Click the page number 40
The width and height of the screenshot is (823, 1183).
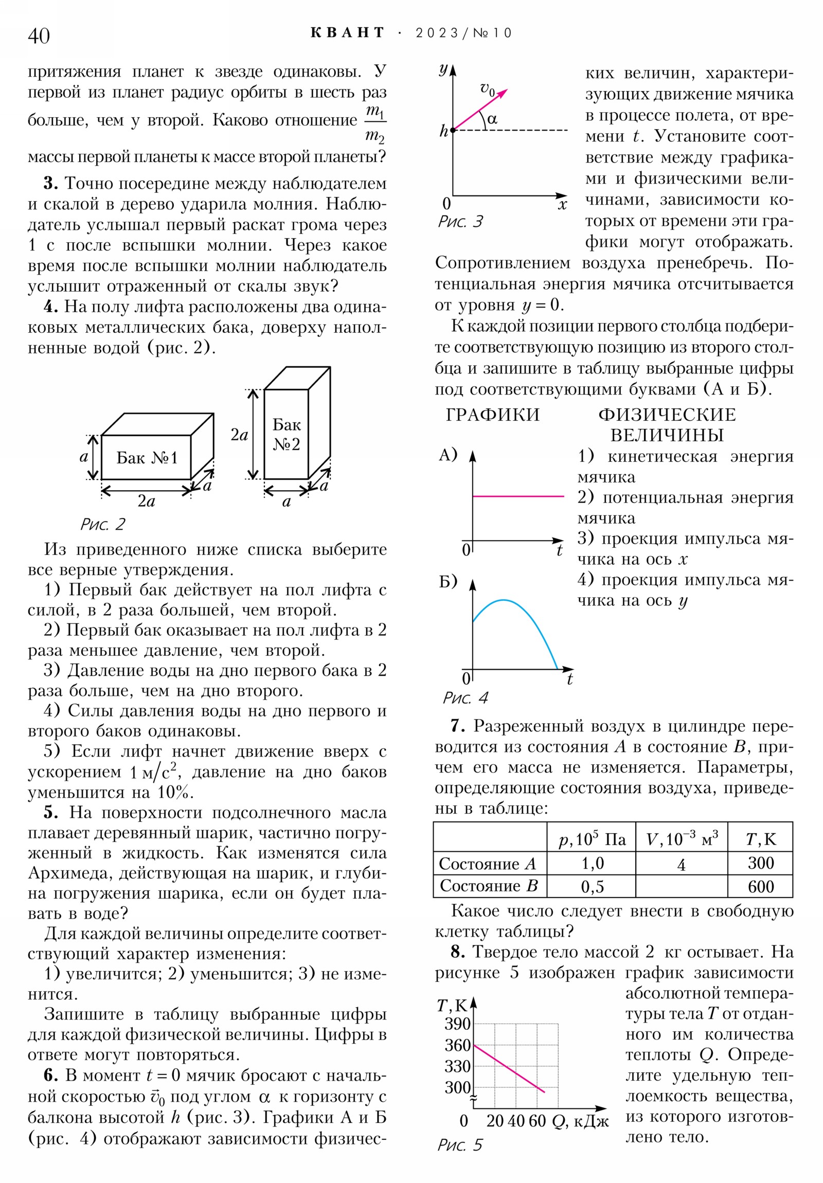click(x=39, y=35)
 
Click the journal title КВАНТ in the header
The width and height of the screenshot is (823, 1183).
click(x=347, y=32)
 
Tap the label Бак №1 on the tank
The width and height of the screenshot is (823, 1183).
click(x=147, y=458)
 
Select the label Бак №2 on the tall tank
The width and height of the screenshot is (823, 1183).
click(x=287, y=434)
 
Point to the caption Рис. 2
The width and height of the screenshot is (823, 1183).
click(x=102, y=524)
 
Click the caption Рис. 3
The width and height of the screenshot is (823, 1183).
click(x=460, y=221)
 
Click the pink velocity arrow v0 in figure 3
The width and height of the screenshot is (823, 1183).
click(x=479, y=110)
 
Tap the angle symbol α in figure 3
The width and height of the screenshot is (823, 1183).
click(x=492, y=119)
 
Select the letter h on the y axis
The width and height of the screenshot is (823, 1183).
click(x=443, y=131)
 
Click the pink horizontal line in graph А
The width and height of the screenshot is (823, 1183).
click(x=518, y=496)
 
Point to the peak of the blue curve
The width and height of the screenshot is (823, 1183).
click(x=504, y=600)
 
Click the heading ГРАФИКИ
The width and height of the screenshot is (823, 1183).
click(x=493, y=415)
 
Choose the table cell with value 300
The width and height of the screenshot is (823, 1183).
click(x=760, y=863)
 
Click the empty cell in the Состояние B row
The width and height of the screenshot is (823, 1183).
click(x=681, y=886)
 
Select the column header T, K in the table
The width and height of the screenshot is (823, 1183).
click(x=760, y=839)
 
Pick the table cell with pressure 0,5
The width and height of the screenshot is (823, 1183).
click(x=592, y=886)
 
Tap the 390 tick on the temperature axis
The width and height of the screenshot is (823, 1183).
click(x=458, y=1023)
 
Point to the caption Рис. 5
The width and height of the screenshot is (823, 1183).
click(x=460, y=1144)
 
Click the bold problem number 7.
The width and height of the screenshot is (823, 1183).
click(x=457, y=726)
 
